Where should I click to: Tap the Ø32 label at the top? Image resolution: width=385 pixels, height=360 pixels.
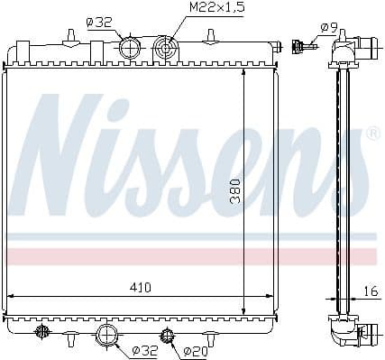(100, 23)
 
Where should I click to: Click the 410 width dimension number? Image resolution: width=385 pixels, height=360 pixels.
(139, 286)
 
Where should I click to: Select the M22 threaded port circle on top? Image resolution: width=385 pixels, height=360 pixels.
(164, 47)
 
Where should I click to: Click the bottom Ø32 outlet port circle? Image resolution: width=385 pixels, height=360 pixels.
(107, 336)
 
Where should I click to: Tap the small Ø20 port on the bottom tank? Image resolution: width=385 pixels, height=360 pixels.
(166, 337)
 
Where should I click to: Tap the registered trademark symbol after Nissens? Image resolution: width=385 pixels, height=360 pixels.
(372, 134)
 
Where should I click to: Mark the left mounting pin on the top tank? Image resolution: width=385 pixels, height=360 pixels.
(70, 37)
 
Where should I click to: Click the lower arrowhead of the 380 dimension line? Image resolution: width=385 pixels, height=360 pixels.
(245, 312)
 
